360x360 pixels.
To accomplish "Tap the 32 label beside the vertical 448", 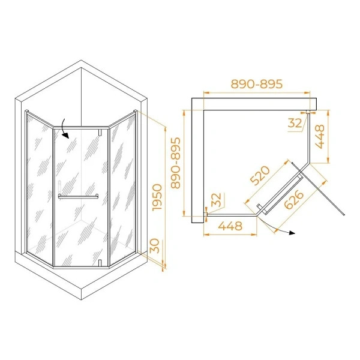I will (x=295, y=124).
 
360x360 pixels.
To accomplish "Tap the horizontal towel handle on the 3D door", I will (x=79, y=196).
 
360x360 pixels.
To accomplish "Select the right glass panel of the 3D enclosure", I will (x=123, y=186).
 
